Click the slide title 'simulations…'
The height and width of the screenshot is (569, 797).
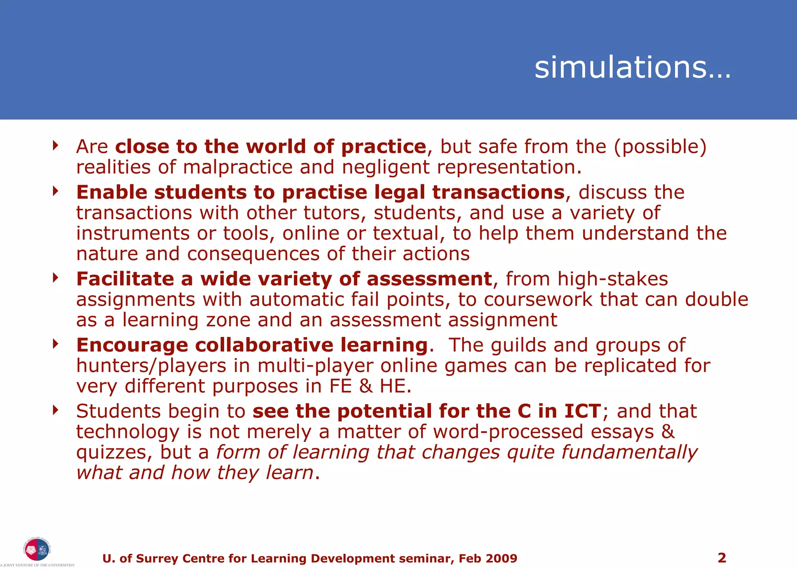click(632, 68)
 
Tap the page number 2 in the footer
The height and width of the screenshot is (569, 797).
click(722, 558)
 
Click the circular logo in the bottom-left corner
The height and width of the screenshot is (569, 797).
click(37, 550)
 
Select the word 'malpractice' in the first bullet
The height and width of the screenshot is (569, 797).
click(237, 168)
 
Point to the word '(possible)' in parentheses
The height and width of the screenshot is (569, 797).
click(660, 147)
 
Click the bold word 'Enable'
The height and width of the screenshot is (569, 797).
click(112, 192)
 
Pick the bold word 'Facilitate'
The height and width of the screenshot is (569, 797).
click(125, 279)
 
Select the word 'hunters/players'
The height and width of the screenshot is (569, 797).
click(151, 366)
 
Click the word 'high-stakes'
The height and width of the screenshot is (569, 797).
click(613, 279)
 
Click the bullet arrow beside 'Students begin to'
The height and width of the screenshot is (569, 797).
click(56, 410)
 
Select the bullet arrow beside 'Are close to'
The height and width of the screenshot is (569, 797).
click(56, 145)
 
